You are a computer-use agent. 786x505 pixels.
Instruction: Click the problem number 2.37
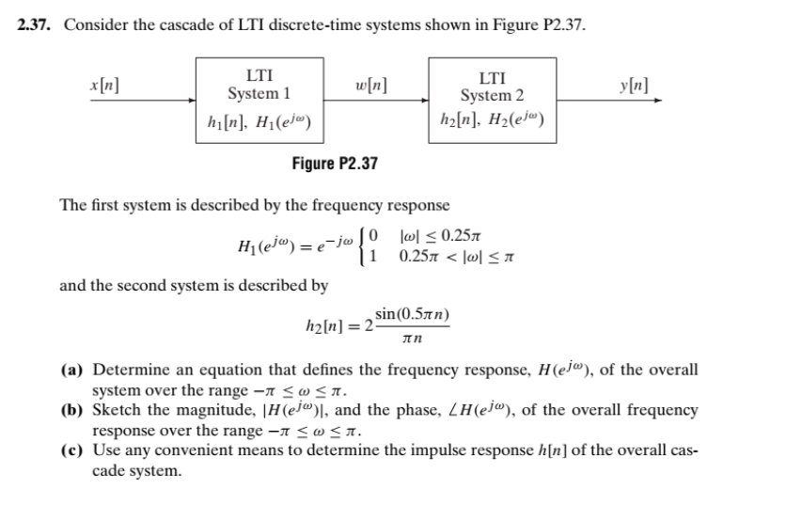pos(36,24)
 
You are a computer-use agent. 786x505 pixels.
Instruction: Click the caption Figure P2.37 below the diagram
pos(334,164)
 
